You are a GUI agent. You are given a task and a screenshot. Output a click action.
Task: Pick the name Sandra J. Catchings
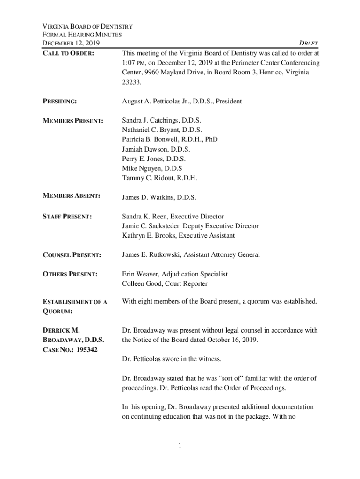pos(151,120)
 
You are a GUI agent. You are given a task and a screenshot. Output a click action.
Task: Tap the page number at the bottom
pos(180,445)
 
